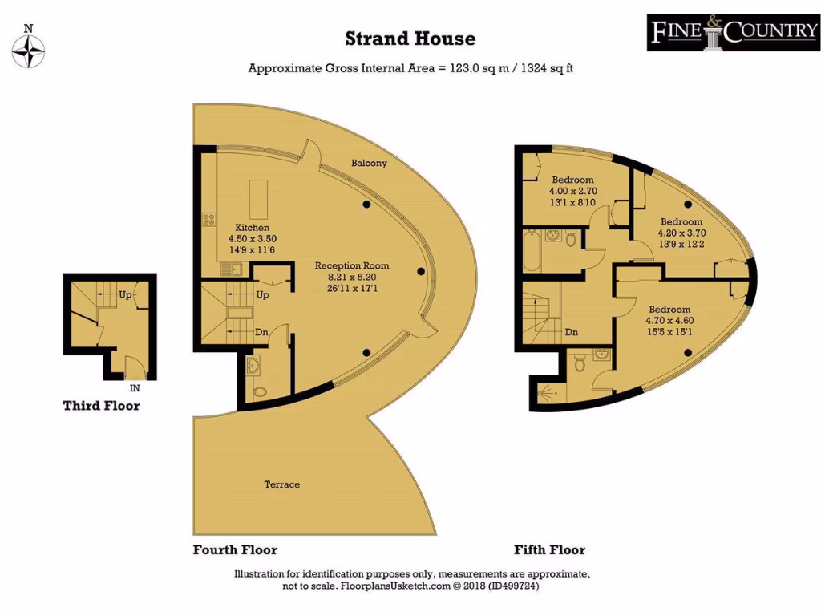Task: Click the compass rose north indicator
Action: (30, 50)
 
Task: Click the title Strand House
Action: (410, 38)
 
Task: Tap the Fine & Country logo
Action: (733, 32)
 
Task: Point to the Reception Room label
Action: (351, 265)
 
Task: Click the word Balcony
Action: (369, 163)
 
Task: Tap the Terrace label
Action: (282, 484)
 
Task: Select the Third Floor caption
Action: (101, 406)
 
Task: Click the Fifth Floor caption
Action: (549, 550)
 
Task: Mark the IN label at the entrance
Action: (134, 387)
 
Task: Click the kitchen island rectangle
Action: (258, 199)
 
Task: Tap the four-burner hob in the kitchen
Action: (209, 217)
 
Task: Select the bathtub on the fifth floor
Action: (532, 252)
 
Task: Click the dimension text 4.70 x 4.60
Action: (669, 321)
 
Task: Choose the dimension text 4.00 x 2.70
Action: (572, 192)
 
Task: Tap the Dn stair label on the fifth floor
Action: (571, 332)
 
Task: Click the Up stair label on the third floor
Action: (125, 295)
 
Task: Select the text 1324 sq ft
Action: (547, 68)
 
